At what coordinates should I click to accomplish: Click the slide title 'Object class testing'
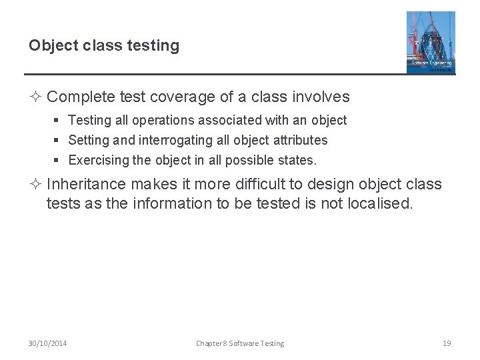click(104, 46)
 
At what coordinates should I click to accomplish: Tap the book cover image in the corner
click(431, 42)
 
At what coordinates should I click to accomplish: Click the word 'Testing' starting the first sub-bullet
click(90, 121)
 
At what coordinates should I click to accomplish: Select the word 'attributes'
click(297, 141)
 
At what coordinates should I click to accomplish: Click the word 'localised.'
click(380, 203)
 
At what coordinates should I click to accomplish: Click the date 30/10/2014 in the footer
click(47, 343)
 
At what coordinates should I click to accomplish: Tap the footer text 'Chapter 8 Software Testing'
click(240, 343)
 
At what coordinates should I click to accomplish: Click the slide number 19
click(447, 343)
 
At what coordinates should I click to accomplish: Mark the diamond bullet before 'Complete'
click(36, 97)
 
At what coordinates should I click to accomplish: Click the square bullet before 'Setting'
click(59, 141)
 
